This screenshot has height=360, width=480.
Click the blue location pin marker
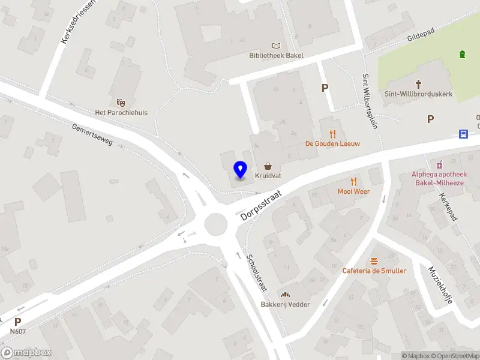click(241, 170)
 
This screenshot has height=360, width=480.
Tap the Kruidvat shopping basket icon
click(267, 166)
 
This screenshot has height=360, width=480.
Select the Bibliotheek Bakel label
click(276, 56)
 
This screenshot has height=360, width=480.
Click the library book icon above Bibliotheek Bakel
click(276, 46)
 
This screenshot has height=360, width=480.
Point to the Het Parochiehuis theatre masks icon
click(121, 103)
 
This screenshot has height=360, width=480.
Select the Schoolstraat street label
click(257, 273)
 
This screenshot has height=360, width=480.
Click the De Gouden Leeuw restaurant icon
click(332, 134)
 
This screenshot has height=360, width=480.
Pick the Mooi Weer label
click(353, 191)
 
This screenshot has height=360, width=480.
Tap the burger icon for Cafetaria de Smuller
click(374, 261)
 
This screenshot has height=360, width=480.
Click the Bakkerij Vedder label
click(285, 304)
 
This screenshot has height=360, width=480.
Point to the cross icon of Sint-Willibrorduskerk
click(418, 85)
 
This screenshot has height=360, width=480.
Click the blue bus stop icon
click(464, 134)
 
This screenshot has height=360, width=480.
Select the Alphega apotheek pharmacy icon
click(440, 163)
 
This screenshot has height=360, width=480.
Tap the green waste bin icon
click(462, 55)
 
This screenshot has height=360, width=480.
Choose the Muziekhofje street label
click(440, 285)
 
